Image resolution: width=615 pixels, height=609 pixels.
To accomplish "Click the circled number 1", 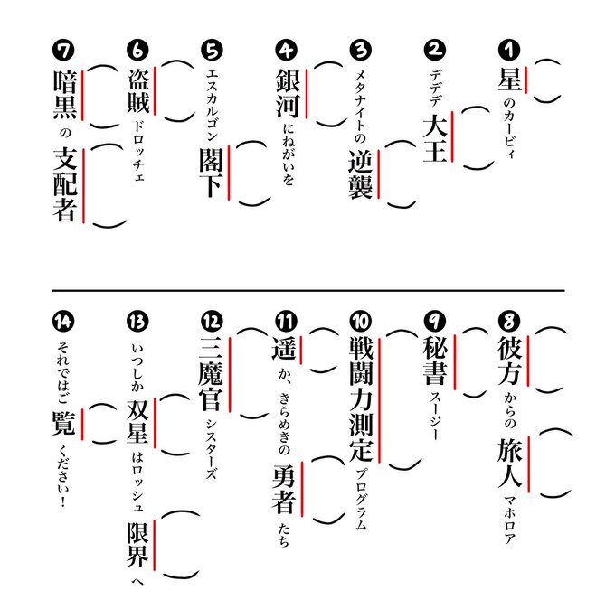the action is [508, 49].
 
